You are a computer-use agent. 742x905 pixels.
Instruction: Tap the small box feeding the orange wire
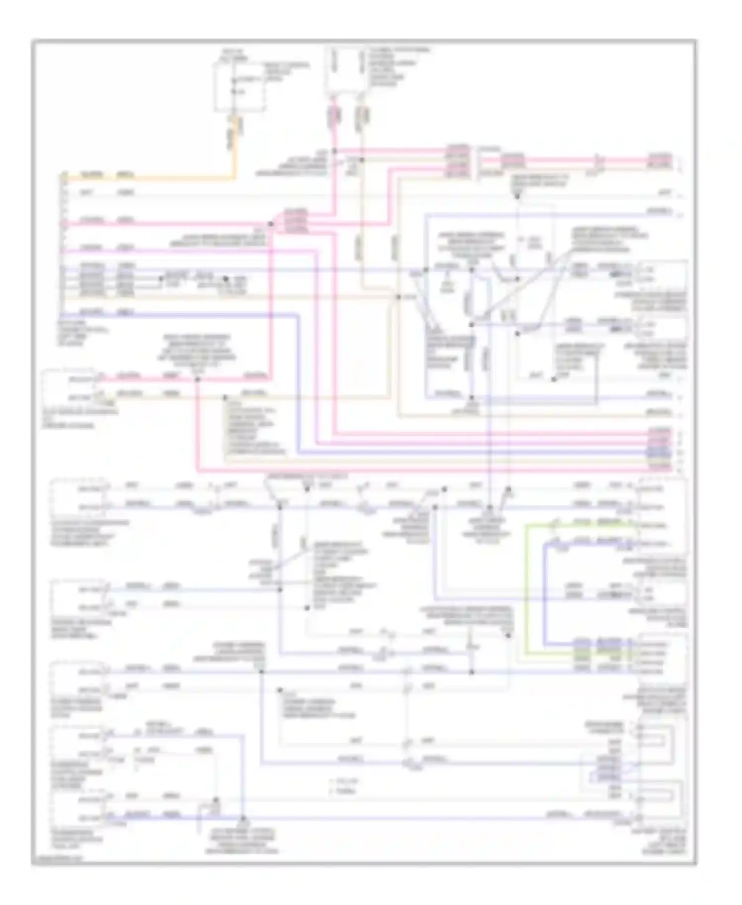(x=239, y=87)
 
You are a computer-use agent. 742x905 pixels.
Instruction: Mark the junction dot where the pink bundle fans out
(x=271, y=224)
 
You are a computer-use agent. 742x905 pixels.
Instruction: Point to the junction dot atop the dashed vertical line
(x=517, y=197)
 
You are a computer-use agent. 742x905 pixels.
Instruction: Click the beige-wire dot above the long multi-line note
(x=225, y=397)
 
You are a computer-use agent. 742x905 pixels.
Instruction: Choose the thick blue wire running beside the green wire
(x=544, y=594)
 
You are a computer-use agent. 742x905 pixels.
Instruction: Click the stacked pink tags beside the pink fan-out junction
(x=295, y=221)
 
